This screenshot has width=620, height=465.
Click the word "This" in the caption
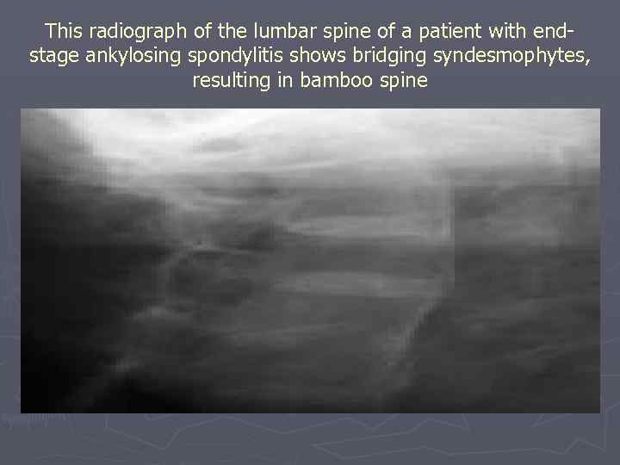[x=62, y=32]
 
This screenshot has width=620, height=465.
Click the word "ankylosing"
[x=129, y=56]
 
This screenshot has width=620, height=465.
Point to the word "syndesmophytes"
[x=502, y=56]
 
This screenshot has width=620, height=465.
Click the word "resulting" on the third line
[x=227, y=81]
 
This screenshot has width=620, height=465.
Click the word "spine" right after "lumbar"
[x=333, y=32]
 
